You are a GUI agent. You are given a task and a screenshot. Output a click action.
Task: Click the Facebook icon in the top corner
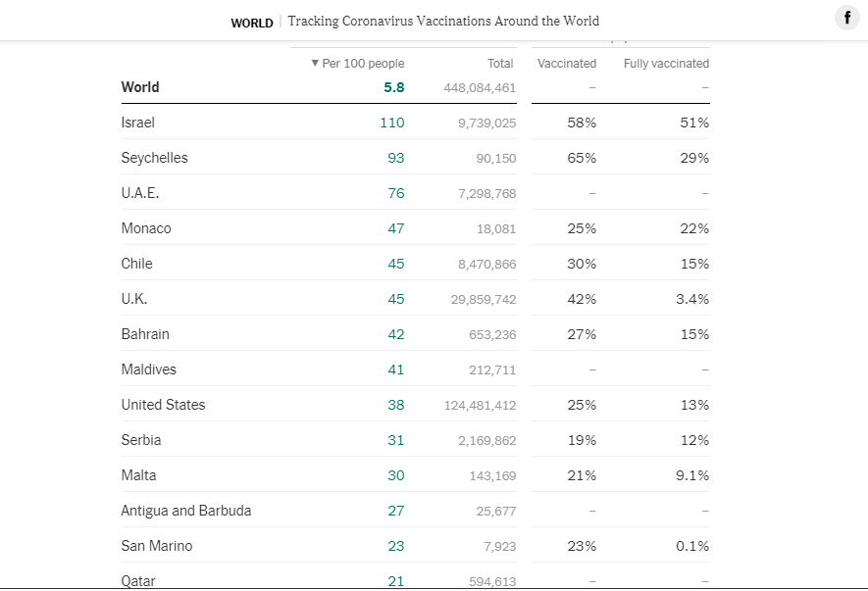click(846, 19)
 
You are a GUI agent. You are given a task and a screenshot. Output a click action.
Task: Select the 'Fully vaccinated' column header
click(666, 64)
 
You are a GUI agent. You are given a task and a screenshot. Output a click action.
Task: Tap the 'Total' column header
click(500, 64)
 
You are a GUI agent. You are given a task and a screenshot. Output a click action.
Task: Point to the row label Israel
click(138, 123)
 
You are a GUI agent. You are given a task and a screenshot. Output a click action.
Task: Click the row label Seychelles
click(154, 158)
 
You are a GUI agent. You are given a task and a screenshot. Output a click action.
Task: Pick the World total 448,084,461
click(480, 88)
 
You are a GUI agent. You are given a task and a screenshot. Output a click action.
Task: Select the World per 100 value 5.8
click(394, 87)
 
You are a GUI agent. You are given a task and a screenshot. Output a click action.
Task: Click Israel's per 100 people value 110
click(392, 123)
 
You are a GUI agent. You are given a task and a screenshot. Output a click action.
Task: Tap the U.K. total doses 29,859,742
click(484, 299)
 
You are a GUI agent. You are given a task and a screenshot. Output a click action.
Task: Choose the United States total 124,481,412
click(480, 405)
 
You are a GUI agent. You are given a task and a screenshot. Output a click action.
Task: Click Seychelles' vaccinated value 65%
click(582, 158)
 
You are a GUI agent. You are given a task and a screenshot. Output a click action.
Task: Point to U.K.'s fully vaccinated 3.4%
click(692, 299)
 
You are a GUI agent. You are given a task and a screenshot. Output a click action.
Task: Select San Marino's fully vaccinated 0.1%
click(692, 546)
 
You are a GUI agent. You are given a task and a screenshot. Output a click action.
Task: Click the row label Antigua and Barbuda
click(186, 511)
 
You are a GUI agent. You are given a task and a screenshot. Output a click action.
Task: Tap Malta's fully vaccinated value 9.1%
click(692, 475)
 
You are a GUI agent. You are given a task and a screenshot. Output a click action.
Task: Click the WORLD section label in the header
click(252, 23)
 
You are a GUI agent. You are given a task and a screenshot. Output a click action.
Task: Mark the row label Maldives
click(149, 369)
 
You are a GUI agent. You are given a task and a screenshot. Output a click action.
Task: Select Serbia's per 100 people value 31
click(396, 440)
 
